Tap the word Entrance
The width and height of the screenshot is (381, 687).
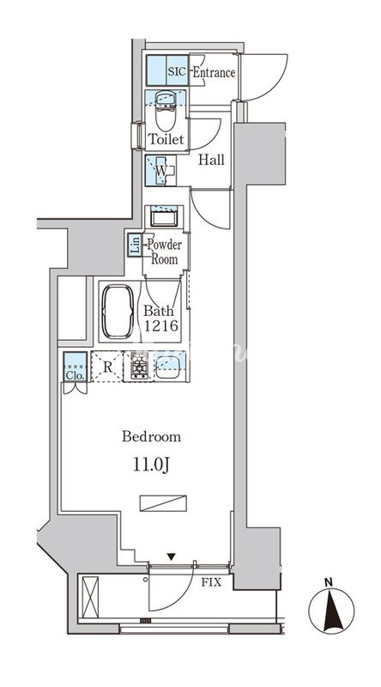tap(215, 72)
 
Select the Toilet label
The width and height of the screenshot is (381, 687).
tap(166, 139)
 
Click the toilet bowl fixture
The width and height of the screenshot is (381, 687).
tap(166, 111)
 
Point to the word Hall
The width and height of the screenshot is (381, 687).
tap(211, 160)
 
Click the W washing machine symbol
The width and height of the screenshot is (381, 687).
tap(160, 170)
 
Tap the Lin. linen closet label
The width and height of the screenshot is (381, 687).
tap(134, 245)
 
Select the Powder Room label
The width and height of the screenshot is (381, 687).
tap(164, 252)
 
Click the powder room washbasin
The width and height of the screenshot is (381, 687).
tap(164, 217)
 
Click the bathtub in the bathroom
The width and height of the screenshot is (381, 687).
tap(118, 312)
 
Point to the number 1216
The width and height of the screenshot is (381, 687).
tap(161, 326)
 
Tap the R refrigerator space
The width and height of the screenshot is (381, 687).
tap(107, 367)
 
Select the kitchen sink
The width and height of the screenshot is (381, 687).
tap(167, 367)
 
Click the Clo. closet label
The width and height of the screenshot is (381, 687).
tap(76, 375)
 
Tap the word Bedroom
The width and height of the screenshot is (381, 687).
tap(152, 437)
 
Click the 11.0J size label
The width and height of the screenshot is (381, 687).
tap(151, 465)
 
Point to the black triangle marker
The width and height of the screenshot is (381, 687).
tap(171, 556)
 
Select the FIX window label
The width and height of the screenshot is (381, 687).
tap(211, 583)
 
